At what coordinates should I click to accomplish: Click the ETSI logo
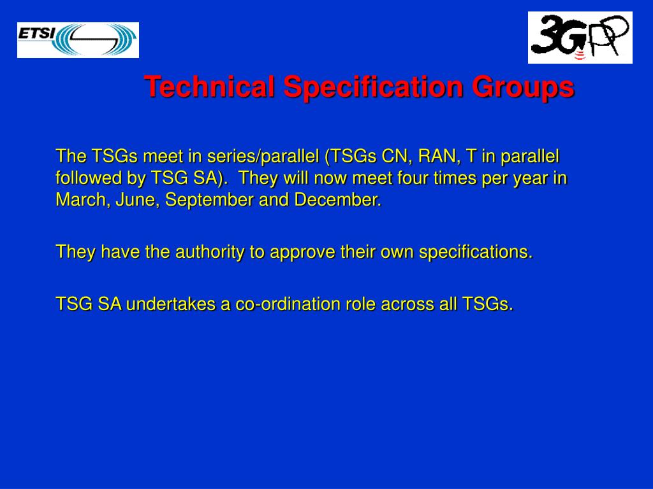coord(78,39)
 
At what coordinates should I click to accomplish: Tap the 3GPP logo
coord(580,38)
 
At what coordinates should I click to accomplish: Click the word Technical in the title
coord(210,87)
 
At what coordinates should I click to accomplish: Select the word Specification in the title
coord(374,87)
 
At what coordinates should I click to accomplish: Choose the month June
coord(138,200)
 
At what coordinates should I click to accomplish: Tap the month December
coord(337,200)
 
